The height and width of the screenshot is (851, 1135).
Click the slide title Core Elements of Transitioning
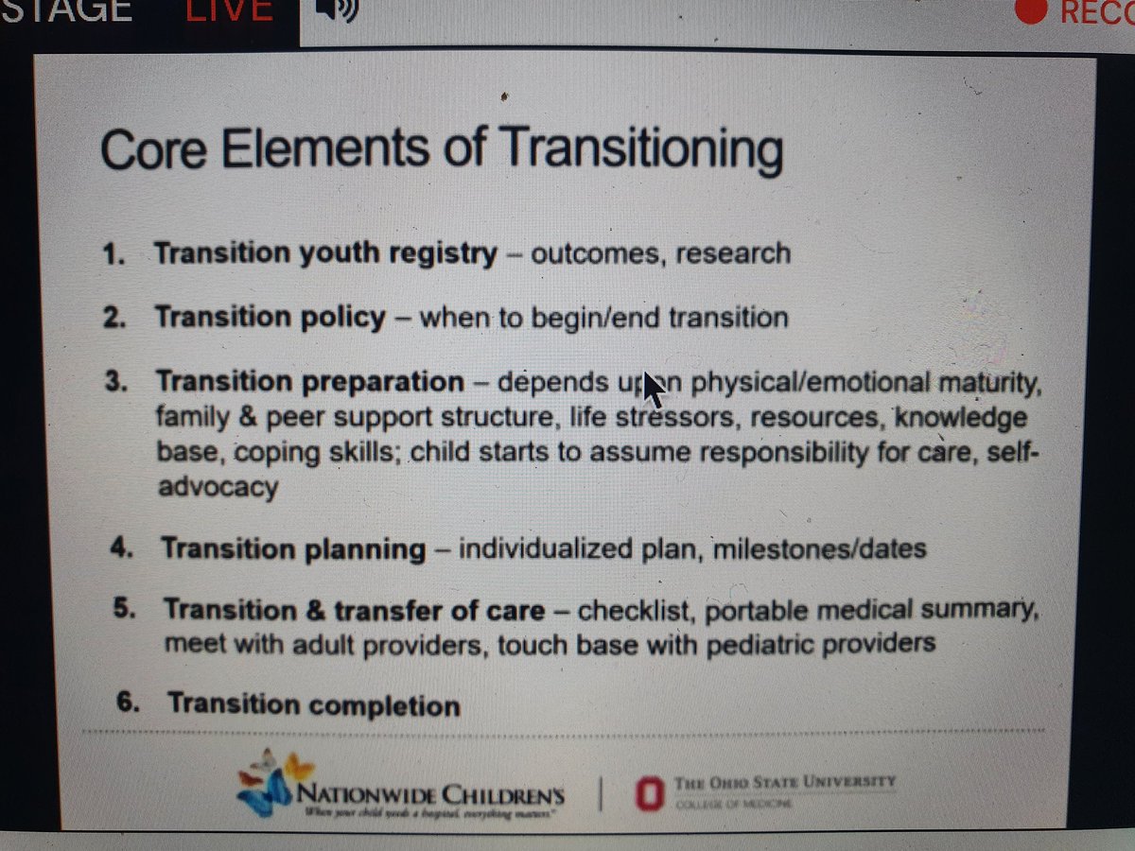tap(441, 152)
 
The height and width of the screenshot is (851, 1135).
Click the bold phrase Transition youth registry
tap(325, 253)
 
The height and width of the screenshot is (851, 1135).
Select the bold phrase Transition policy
tap(271, 317)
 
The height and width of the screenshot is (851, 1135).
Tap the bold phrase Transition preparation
tap(310, 382)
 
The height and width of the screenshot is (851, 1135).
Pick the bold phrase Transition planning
tap(293, 548)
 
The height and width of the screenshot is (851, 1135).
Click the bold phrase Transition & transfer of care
tap(354, 610)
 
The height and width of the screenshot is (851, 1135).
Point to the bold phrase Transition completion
tap(313, 704)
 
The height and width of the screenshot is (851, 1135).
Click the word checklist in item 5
tap(637, 610)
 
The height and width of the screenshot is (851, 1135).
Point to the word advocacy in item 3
tap(218, 488)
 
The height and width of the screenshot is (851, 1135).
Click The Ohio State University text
tap(784, 782)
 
